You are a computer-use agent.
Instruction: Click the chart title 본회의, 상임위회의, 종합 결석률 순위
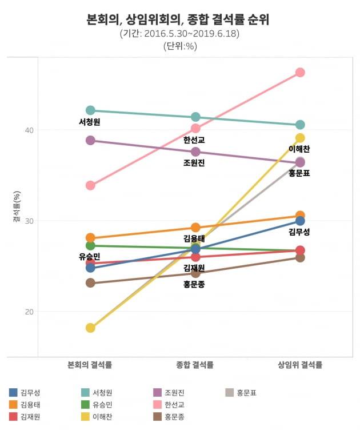pyautogui.click(x=179, y=20)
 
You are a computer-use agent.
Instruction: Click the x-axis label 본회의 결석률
pyautogui.click(x=90, y=365)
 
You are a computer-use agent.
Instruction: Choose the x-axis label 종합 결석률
pyautogui.click(x=195, y=365)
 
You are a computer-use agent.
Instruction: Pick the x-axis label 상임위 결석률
pyautogui.click(x=300, y=365)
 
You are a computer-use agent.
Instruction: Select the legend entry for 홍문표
pyautogui.click(x=246, y=392)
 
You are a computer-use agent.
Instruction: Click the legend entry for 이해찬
pyautogui.click(x=102, y=416)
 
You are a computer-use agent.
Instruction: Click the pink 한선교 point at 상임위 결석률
pyautogui.click(x=300, y=73)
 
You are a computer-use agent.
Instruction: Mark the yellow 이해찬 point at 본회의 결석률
pyautogui.click(x=90, y=328)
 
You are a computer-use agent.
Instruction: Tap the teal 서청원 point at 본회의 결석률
pyautogui.click(x=90, y=110)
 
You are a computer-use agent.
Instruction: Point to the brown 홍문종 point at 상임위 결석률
pyautogui.click(x=300, y=257)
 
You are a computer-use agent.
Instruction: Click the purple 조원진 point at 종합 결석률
pyautogui.click(x=195, y=152)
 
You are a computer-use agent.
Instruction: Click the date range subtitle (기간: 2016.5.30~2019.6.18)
pyautogui.click(x=179, y=34)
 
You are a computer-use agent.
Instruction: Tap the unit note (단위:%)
pyautogui.click(x=179, y=46)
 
